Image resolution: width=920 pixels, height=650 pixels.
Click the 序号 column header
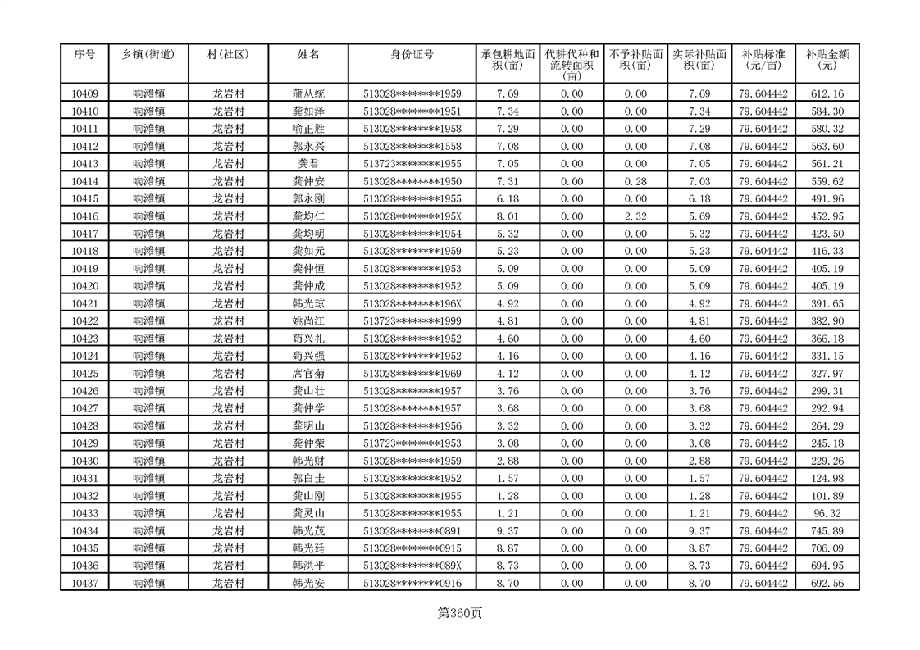pyautogui.click(x=84, y=54)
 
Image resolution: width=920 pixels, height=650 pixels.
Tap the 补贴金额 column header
pyautogui.click(x=827, y=59)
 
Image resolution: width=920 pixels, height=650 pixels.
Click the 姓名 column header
pyautogui.click(x=309, y=54)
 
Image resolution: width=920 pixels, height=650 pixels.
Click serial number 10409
pyautogui.click(x=84, y=93)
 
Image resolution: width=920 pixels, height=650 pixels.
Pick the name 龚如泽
pyautogui.click(x=309, y=111)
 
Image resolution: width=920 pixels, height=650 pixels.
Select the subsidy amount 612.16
pyautogui.click(x=827, y=93)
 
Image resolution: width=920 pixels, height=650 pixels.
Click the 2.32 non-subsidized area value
pyautogui.click(x=635, y=216)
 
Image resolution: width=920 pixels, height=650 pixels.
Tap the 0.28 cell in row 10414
pyautogui.click(x=635, y=181)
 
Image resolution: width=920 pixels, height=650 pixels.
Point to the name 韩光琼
pyautogui.click(x=309, y=303)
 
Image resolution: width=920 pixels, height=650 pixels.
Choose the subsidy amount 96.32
pyautogui.click(x=827, y=513)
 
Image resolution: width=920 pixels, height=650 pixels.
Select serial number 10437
pyautogui.click(x=84, y=583)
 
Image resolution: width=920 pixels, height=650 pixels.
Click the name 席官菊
pyautogui.click(x=309, y=374)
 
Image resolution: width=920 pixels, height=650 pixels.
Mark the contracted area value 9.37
pyautogui.click(x=508, y=530)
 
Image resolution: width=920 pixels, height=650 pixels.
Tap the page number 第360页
pyautogui.click(x=459, y=612)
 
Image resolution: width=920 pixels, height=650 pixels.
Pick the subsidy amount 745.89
pyautogui.click(x=827, y=530)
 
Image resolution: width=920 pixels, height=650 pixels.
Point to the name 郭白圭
pyautogui.click(x=309, y=478)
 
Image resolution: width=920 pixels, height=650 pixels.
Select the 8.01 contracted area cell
pyautogui.click(x=508, y=216)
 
